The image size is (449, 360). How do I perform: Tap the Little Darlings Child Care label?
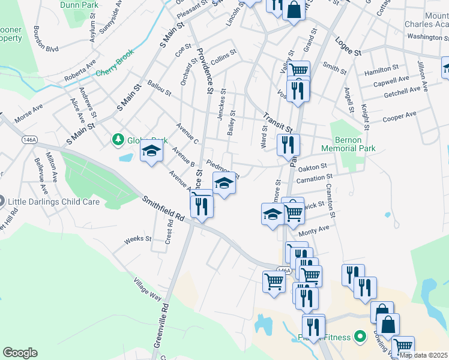click(53, 202)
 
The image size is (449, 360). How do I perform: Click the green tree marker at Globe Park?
click(118, 140)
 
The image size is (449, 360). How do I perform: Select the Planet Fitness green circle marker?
click(360, 337)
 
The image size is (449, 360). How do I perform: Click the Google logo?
click(20, 353)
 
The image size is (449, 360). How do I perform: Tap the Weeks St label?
click(138, 239)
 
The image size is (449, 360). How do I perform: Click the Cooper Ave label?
click(399, 115)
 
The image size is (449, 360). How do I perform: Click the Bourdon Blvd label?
click(46, 40)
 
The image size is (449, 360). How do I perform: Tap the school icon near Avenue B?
click(152, 150)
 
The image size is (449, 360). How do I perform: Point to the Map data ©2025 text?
click(424, 355)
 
